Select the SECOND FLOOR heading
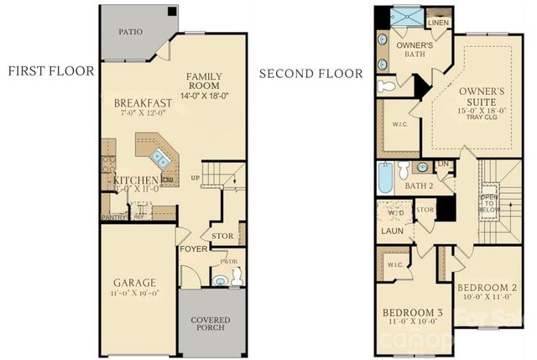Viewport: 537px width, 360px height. pos(310,74)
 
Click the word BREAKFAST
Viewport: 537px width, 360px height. pos(143,103)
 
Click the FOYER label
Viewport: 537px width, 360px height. pos(192,248)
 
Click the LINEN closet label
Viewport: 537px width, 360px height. pos(436,23)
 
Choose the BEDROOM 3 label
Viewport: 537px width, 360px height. pos(412,313)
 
